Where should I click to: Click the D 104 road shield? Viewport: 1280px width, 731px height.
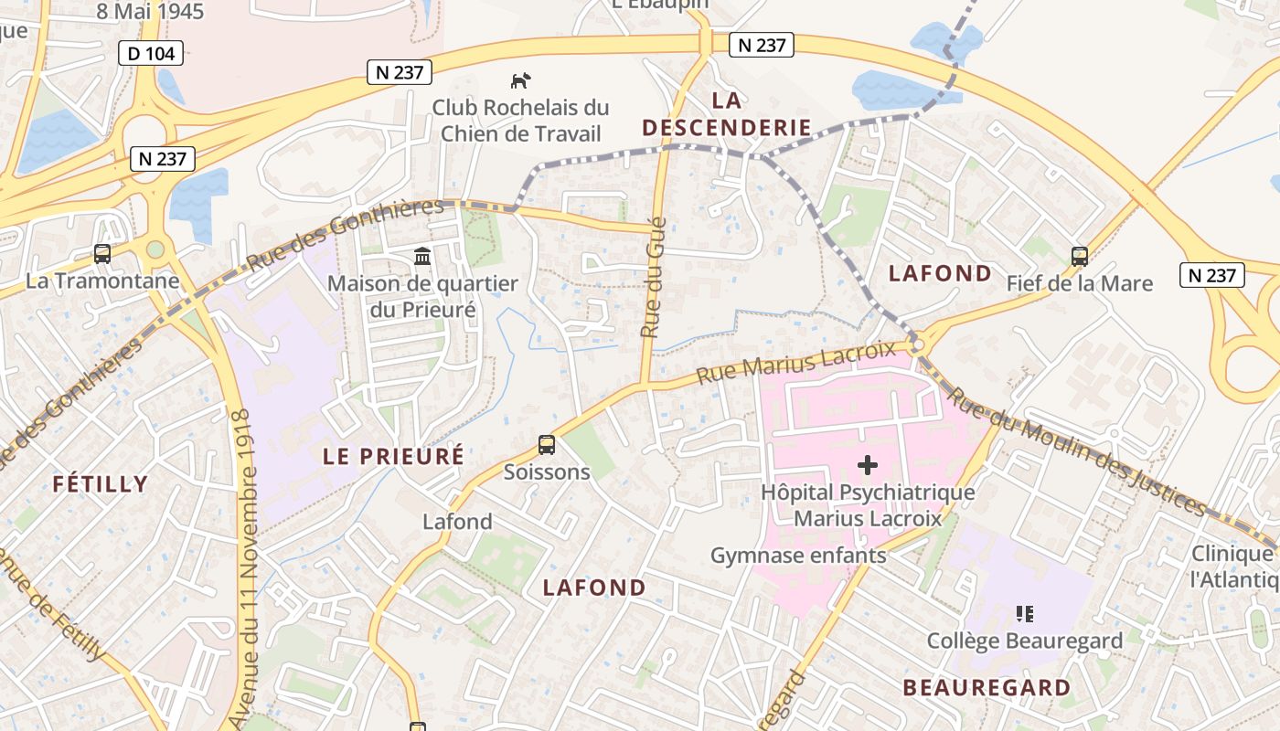pos(151,54)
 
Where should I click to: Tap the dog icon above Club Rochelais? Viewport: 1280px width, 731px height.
pos(521,80)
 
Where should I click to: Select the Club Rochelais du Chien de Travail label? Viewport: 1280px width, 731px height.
pos(520,120)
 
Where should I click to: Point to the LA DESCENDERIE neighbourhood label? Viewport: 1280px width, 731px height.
pos(727,113)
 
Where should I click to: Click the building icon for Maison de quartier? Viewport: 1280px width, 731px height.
pos(422,256)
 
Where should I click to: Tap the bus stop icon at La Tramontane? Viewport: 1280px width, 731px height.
pos(102,254)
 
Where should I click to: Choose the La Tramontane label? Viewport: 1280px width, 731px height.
pos(102,281)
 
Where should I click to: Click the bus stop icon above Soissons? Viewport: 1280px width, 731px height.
pos(547,445)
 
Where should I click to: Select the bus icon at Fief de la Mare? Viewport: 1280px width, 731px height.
pos(1080,257)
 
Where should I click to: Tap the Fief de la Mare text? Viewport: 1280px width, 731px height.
pos(1080,283)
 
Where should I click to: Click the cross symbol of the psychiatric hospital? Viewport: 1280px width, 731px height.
pos(868,466)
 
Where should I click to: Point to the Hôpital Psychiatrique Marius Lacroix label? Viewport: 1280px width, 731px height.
pos(868,505)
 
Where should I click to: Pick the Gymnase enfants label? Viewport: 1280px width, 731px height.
pos(798,555)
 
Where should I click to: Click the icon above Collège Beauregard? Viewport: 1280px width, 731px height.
pos(1025,614)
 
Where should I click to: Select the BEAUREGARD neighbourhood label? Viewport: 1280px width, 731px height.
pos(987,687)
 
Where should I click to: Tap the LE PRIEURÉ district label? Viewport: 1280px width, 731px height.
pos(393,456)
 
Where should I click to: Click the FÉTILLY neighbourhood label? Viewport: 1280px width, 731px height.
pos(101,484)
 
